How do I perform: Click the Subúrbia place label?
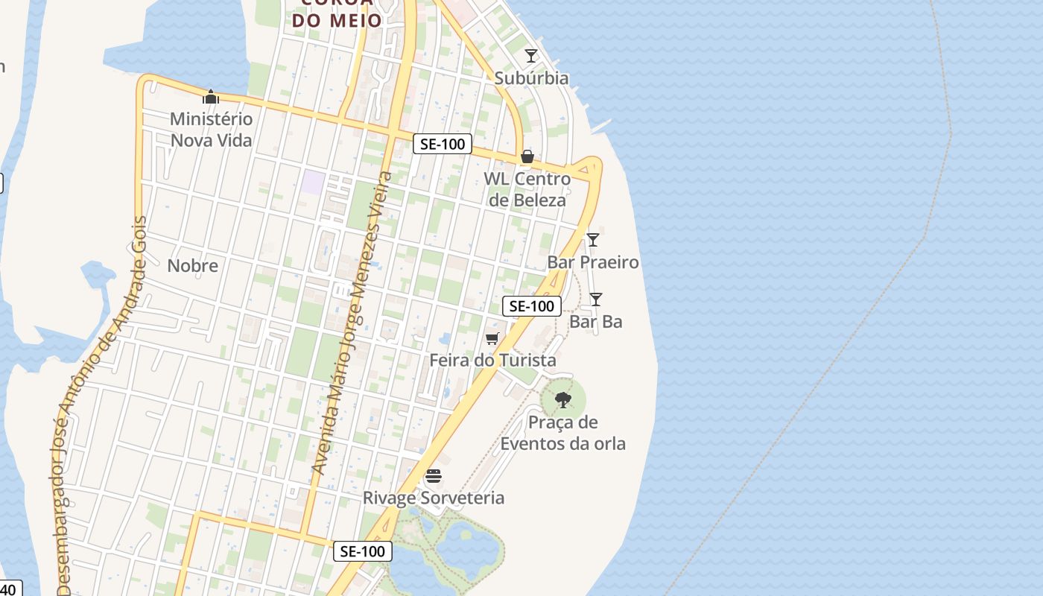531,78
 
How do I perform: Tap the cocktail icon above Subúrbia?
531,56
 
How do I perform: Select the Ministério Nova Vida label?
212,130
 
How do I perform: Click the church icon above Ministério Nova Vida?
211,97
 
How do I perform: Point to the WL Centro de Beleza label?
527,189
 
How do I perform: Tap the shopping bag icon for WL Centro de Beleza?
527,156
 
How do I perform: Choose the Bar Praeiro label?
593,262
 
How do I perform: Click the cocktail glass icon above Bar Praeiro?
593,240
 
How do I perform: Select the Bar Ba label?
595,322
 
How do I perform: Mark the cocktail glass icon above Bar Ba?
596,299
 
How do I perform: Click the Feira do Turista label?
492,361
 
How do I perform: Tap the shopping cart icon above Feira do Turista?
492,339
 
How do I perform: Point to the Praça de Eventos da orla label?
562,434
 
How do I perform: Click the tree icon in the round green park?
563,400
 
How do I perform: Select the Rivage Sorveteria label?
434,498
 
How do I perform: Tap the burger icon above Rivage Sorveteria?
434,476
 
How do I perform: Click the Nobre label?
193,266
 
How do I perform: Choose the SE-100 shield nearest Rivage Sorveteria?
362,551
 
